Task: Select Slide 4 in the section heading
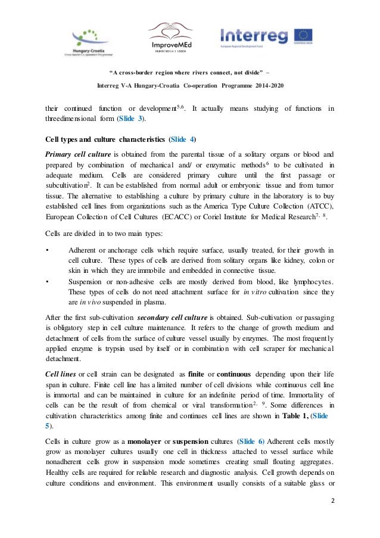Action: (x=182, y=141)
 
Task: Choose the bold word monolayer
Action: (x=140, y=442)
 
